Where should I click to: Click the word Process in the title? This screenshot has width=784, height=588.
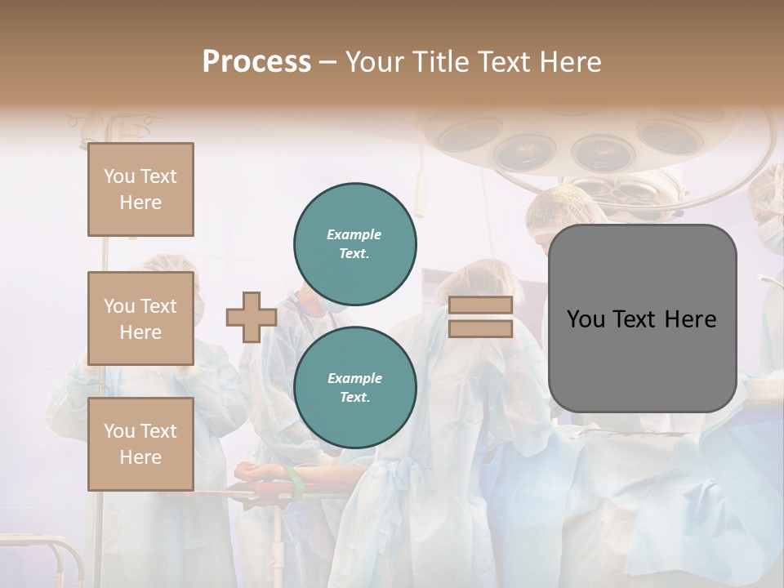(256, 62)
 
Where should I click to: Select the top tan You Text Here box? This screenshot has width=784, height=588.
(140, 189)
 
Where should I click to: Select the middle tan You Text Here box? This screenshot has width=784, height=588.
(140, 318)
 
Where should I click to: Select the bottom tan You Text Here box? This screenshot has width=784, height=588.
(140, 444)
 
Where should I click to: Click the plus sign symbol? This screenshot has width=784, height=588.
(251, 317)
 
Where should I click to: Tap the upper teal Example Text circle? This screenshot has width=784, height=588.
(355, 243)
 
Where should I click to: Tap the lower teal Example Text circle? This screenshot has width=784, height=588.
(355, 387)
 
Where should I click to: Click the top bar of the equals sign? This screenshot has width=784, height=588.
(480, 305)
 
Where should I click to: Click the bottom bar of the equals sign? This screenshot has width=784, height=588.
(480, 328)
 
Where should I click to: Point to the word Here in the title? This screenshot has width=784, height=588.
(568, 62)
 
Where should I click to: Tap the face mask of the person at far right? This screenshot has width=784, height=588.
(771, 234)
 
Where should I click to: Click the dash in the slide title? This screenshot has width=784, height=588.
(328, 62)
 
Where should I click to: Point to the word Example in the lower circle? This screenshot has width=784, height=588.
(355, 378)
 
